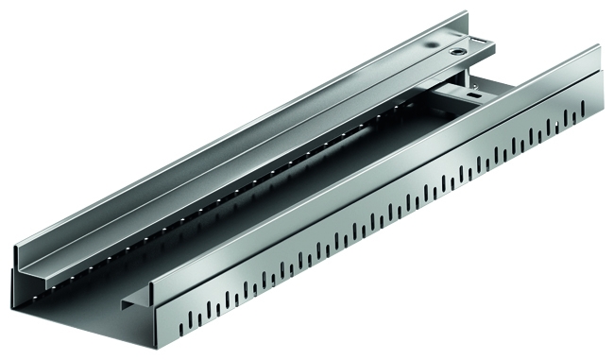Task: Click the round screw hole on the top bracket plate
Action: click(x=459, y=54)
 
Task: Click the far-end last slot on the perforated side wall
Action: click(x=584, y=114)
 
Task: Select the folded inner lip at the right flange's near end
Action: click(x=132, y=302)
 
